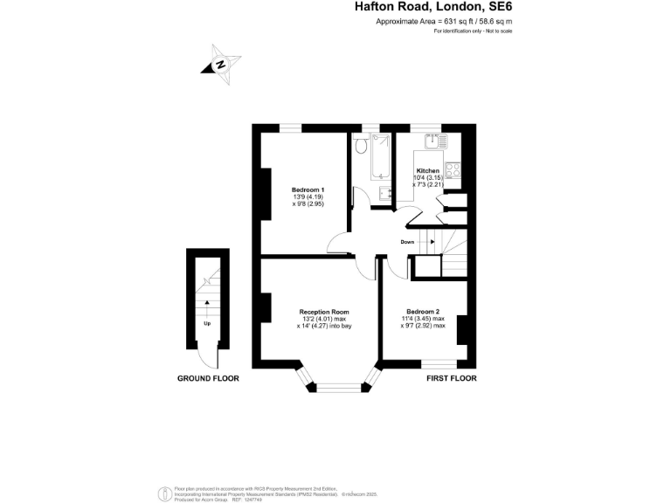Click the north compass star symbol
point(222,64)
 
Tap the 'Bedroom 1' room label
point(308,190)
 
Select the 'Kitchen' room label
point(427,170)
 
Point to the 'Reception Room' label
point(324,312)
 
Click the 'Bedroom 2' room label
point(423,312)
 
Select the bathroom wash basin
point(384,194)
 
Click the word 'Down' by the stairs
point(407,242)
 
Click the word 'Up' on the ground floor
point(207,323)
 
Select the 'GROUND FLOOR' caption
point(208,379)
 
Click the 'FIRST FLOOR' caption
point(452,379)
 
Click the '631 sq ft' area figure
point(443,21)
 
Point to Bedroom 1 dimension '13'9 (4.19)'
point(308,197)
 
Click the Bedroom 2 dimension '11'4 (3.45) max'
point(423,320)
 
